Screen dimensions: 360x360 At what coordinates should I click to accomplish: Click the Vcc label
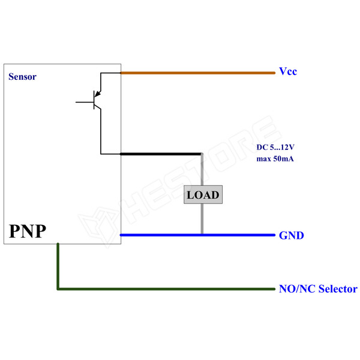click(x=288, y=71)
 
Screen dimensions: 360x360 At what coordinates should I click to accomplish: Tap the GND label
click(x=291, y=235)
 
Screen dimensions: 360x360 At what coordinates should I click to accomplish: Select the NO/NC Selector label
click(x=318, y=289)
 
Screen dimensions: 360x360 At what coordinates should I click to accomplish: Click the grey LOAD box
click(x=203, y=195)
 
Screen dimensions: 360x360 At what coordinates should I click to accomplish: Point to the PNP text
click(x=27, y=231)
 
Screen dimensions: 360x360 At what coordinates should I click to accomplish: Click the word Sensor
click(x=22, y=77)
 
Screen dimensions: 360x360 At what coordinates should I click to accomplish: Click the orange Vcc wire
click(x=198, y=73)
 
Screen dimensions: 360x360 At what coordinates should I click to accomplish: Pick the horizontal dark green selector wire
click(x=168, y=289)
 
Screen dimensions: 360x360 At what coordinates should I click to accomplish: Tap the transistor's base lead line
click(x=83, y=103)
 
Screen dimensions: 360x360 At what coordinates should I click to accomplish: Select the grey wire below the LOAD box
click(x=202, y=219)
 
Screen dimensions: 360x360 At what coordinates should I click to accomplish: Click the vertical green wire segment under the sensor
click(x=58, y=267)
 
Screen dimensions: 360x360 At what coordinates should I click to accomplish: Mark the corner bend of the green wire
click(x=58, y=289)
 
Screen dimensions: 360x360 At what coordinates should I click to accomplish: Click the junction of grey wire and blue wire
click(x=202, y=235)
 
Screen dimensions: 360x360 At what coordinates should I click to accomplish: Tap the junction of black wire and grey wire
click(x=202, y=154)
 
